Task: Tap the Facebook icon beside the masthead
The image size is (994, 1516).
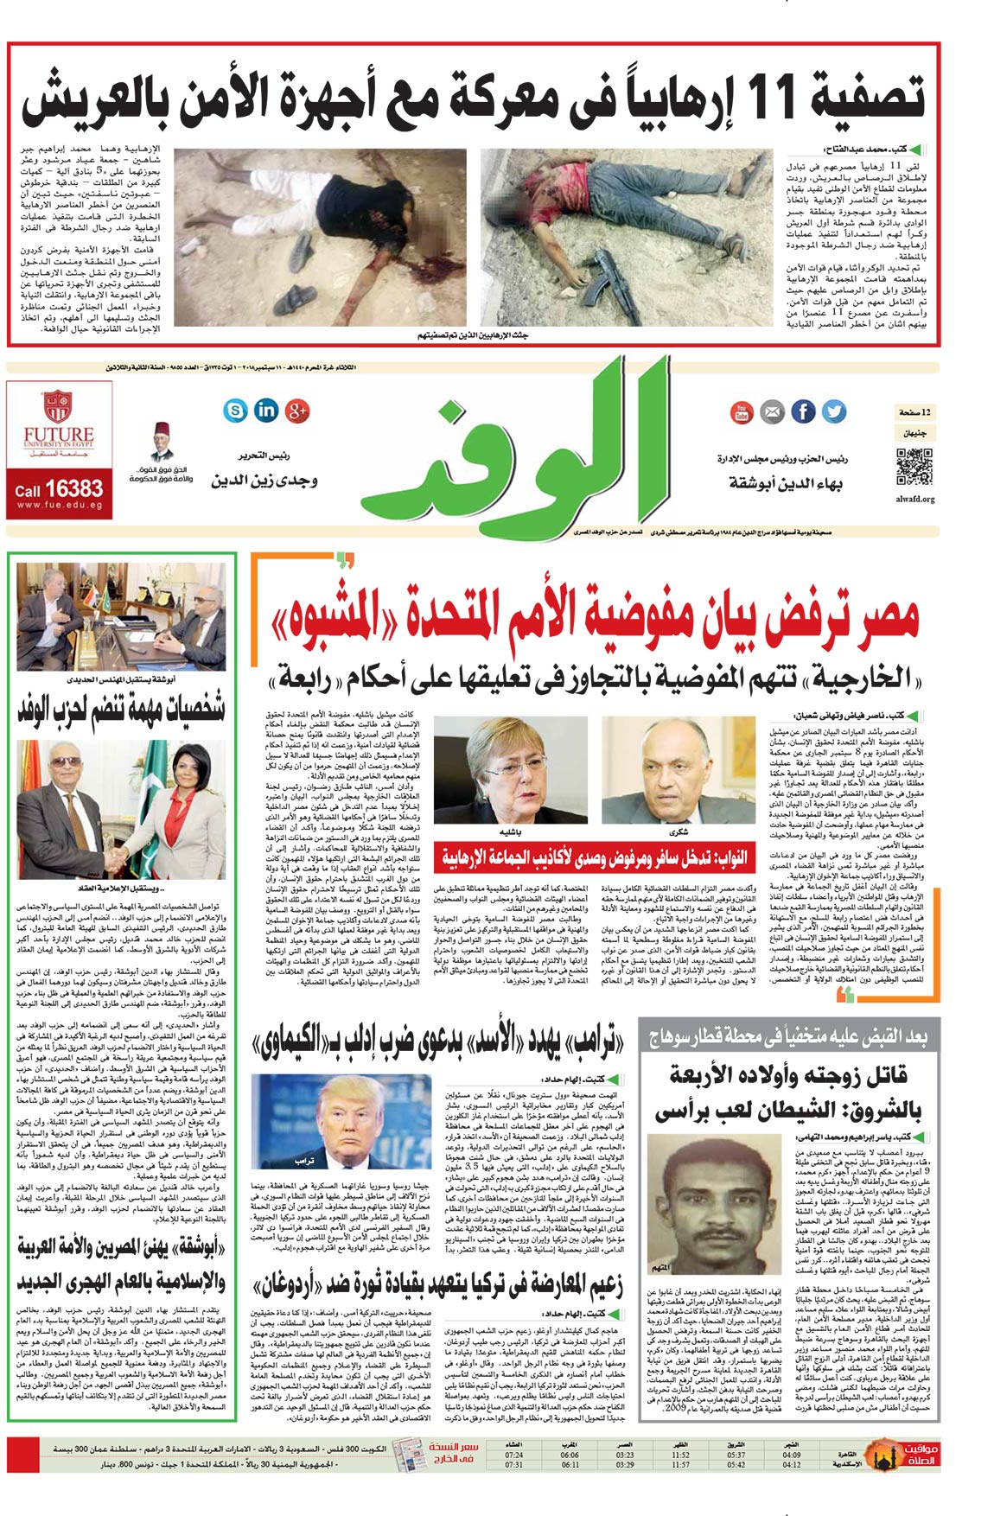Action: click(803, 411)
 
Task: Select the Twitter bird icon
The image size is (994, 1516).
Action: click(834, 411)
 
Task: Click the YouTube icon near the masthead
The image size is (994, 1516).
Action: click(742, 412)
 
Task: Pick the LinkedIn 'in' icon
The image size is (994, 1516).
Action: click(266, 410)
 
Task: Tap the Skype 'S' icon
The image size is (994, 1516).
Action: click(235, 410)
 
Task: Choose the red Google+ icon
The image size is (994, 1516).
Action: click(297, 410)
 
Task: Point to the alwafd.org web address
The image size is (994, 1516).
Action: click(914, 499)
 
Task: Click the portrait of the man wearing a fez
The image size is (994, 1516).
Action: click(161, 443)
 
